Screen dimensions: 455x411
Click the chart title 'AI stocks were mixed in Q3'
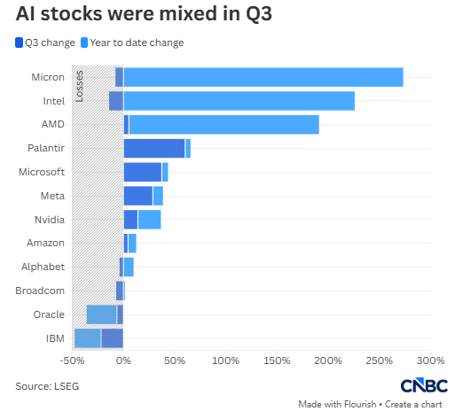click(x=144, y=14)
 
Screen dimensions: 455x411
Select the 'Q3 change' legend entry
click(x=45, y=43)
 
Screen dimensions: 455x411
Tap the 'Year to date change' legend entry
click(x=132, y=43)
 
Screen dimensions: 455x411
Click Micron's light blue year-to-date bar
click(x=263, y=77)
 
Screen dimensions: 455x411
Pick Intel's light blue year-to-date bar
click(x=239, y=101)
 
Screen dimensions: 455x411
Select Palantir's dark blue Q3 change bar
click(x=154, y=148)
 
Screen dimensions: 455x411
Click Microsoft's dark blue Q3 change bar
click(x=143, y=172)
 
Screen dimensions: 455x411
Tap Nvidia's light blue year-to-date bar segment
click(x=150, y=220)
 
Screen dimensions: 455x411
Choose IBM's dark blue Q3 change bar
click(x=112, y=338)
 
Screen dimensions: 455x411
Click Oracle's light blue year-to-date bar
click(x=101, y=314)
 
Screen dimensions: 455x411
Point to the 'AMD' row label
click(x=53, y=124)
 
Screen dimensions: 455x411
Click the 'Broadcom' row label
click(x=40, y=291)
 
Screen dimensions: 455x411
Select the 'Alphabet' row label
click(x=43, y=267)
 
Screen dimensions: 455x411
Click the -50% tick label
click(x=72, y=361)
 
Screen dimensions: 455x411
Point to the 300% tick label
click(x=430, y=361)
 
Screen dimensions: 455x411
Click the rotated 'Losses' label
click(x=79, y=86)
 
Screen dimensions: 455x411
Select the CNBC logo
click(x=424, y=385)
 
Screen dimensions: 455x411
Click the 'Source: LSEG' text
click(x=47, y=386)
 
